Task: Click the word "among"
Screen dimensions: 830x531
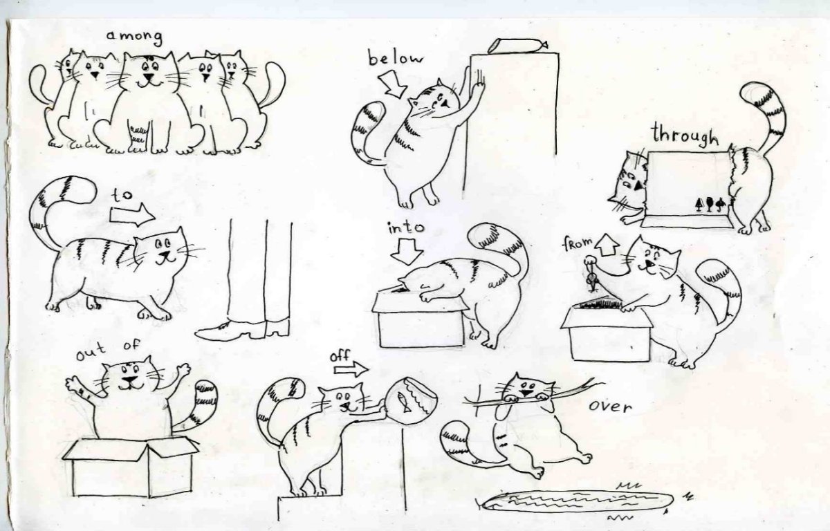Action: click(134, 38)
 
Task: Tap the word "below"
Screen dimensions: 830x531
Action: click(395, 59)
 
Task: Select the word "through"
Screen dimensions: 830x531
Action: click(685, 135)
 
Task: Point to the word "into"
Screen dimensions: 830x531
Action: click(406, 227)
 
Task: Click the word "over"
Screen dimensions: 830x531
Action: click(610, 407)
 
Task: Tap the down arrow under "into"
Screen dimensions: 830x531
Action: click(407, 252)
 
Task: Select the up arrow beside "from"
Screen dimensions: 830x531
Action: click(607, 244)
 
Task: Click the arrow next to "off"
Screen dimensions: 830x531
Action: click(351, 369)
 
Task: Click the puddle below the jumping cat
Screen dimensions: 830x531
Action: click(576, 502)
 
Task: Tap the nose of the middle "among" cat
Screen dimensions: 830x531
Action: click(149, 77)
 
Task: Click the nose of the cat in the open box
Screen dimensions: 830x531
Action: click(129, 380)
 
